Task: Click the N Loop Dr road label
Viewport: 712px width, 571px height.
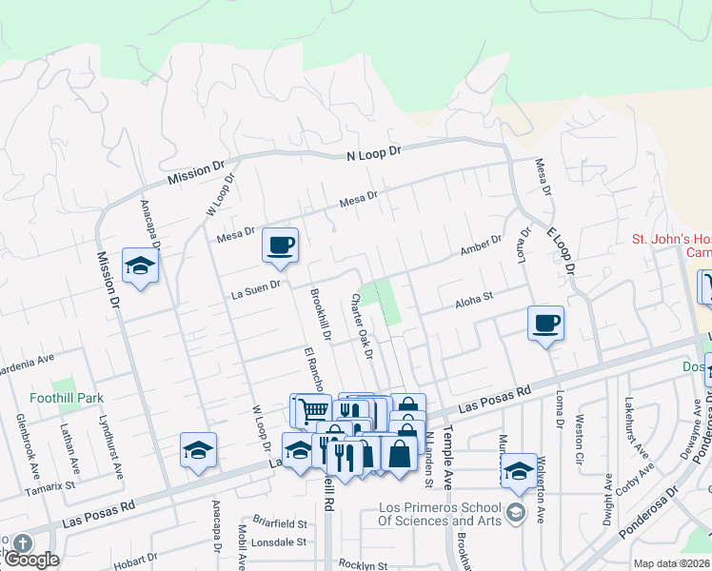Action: click(x=375, y=152)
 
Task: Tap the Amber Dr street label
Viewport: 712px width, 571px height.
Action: click(x=480, y=246)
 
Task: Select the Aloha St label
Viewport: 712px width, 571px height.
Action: click(x=473, y=299)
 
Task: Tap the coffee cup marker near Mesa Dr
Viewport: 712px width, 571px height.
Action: click(x=281, y=246)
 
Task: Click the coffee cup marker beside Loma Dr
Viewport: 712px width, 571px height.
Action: click(x=546, y=324)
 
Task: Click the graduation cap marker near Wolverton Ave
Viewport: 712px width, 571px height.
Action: click(x=520, y=469)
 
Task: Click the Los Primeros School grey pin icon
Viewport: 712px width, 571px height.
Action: click(x=515, y=512)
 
